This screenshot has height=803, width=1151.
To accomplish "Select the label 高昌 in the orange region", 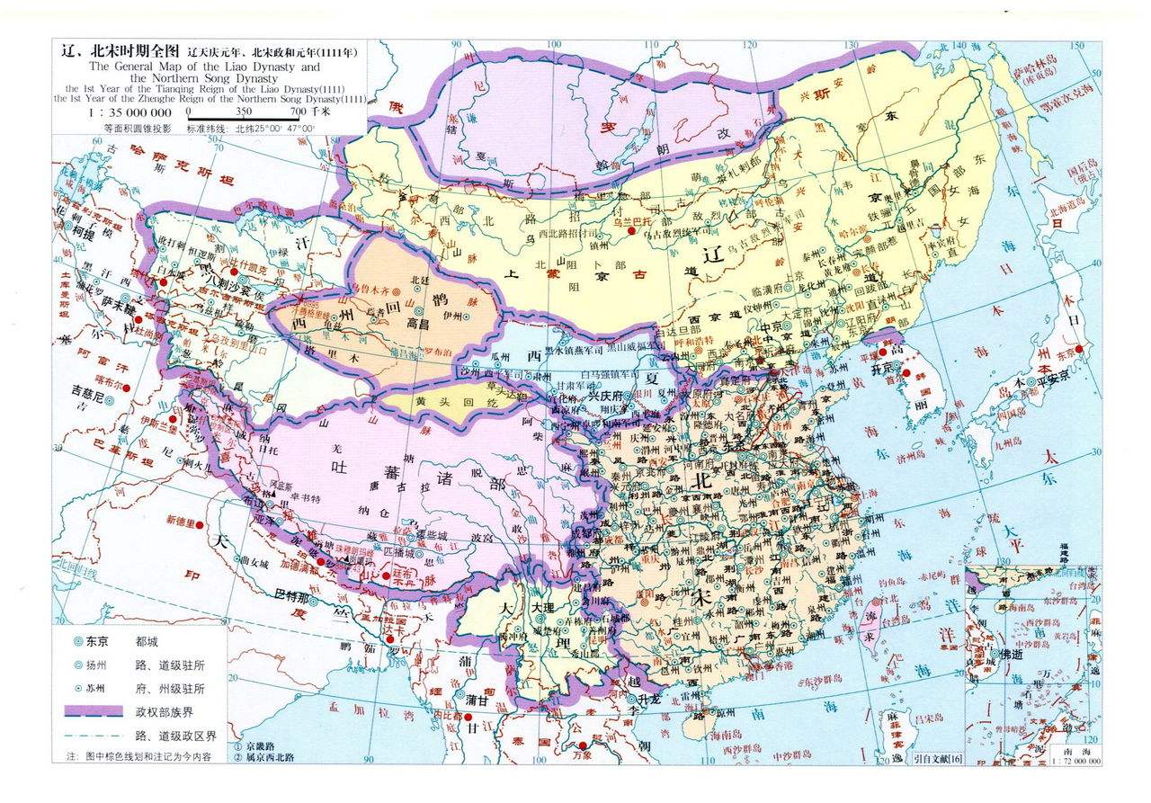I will pos(422,321).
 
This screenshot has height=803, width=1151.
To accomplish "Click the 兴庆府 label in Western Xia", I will pos(607,396).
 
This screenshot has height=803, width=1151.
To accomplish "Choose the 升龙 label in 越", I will pos(651,699).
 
